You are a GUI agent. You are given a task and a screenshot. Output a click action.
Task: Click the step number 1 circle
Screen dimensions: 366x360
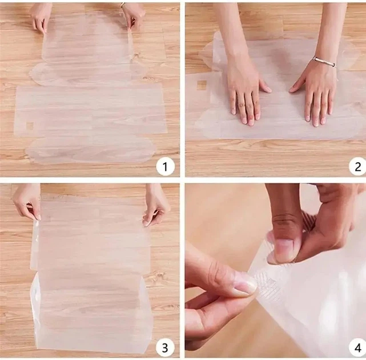(x=165, y=166)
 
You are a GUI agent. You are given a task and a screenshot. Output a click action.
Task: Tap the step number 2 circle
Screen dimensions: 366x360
(x=357, y=166)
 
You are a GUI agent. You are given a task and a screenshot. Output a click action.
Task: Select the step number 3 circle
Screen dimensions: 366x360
(x=165, y=347)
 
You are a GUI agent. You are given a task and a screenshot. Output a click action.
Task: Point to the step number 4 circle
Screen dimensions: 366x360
(x=357, y=347)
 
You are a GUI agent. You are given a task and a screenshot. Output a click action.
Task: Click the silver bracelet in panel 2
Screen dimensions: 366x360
(x=325, y=62)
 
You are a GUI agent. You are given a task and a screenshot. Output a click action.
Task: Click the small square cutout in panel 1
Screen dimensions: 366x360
(x=30, y=126)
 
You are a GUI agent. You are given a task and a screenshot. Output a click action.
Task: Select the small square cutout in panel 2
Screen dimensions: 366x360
(x=202, y=85)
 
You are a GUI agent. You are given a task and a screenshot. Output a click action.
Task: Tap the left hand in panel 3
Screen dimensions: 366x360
(x=26, y=201)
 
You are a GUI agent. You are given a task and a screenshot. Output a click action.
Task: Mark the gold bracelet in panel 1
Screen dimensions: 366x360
(x=123, y=5)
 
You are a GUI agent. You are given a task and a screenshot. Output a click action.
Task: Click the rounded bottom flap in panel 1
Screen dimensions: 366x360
(x=91, y=150)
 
